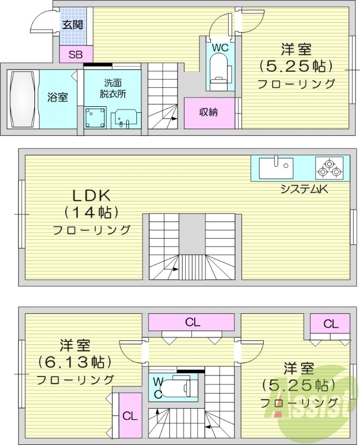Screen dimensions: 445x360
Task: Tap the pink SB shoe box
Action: pyautogui.click(x=72, y=55)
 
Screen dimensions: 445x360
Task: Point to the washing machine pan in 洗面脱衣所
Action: pyautogui.click(x=96, y=117)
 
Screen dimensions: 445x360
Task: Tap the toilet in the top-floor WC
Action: pyautogui.click(x=220, y=72)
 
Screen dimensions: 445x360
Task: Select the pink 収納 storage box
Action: pyautogui.click(x=209, y=112)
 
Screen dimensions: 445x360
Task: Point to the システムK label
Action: pyautogui.click(x=305, y=189)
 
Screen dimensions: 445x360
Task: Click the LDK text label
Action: pyautogui.click(x=92, y=195)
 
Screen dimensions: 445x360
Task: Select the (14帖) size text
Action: pyautogui.click(x=92, y=212)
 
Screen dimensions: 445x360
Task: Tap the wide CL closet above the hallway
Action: pyautogui.click(x=193, y=322)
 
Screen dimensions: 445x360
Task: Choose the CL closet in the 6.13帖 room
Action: pyautogui.click(x=130, y=416)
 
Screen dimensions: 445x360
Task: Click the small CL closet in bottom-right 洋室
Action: pyautogui.click(x=330, y=323)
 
